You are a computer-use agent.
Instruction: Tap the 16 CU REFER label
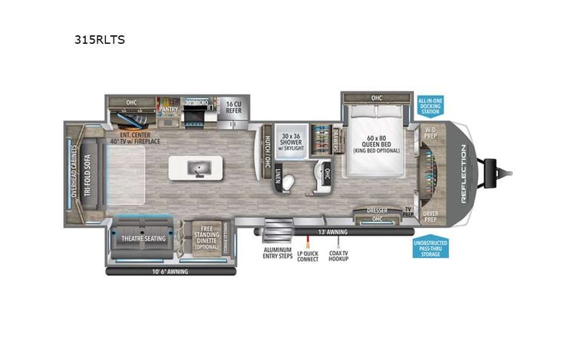coord(233,107)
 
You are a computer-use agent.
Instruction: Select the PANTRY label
coord(167,109)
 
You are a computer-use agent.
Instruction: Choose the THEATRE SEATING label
coord(144,238)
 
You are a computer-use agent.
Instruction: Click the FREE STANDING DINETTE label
coord(205,236)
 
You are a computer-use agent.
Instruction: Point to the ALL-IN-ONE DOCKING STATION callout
coord(430,106)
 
